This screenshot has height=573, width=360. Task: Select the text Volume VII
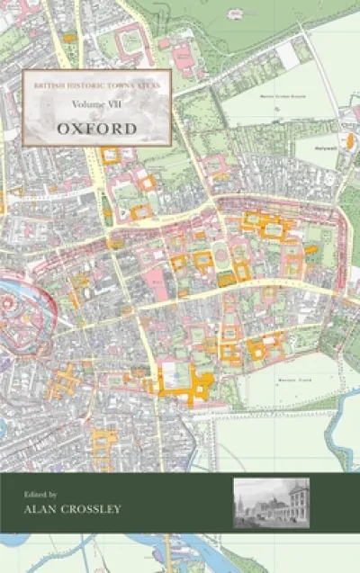click(96, 105)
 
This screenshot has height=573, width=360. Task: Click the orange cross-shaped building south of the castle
click(62, 381)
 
